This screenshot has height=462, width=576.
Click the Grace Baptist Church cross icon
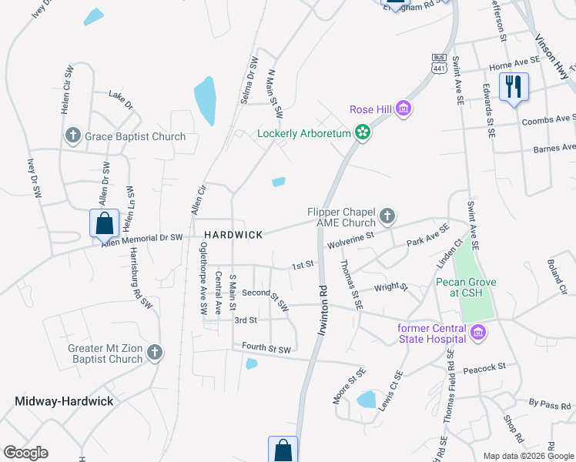click(73, 136)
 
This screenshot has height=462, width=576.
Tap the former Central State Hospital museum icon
click(479, 333)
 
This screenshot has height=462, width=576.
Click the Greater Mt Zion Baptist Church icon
click(155, 353)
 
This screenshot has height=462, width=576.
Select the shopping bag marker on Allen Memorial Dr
click(104, 224)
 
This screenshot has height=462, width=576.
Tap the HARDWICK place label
click(233, 234)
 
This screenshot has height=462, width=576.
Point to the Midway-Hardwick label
click(64, 401)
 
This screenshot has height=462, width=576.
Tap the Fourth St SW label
click(266, 349)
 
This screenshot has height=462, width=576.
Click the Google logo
click(25, 453)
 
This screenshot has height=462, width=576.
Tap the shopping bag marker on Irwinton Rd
click(283, 450)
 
